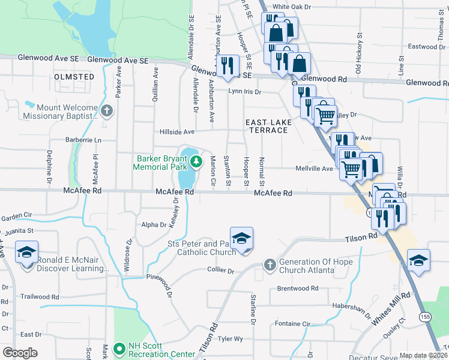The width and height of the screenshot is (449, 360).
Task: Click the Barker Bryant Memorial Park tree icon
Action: coord(196,161)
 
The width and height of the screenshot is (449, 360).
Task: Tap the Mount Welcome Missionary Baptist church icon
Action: coord(107,110)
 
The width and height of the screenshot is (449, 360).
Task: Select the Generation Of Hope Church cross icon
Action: coord(270,265)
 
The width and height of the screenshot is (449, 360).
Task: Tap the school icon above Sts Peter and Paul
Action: coord(241,238)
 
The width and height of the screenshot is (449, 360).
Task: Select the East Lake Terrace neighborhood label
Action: coord(269,127)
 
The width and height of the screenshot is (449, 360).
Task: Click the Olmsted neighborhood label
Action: coord(74,77)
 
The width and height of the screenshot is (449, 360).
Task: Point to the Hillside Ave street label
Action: coord(177,132)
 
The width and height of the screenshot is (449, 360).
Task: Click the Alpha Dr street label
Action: coord(153,225)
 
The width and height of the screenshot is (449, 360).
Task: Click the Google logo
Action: coord(20,353)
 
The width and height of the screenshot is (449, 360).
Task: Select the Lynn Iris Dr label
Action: coord(244,92)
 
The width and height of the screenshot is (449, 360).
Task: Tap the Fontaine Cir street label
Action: coord(292,324)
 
